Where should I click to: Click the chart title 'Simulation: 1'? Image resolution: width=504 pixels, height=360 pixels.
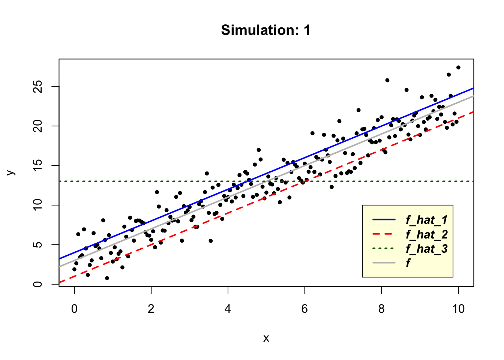(265, 30)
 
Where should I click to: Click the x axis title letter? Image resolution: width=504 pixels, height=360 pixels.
(266, 338)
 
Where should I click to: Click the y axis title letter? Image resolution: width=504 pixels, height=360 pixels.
(11, 172)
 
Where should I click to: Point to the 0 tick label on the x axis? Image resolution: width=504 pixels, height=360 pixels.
(74, 309)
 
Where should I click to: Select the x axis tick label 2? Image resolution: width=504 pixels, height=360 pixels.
(151, 309)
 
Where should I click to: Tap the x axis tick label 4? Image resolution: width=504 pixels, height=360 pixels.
(228, 309)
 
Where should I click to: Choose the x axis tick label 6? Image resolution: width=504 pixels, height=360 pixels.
(304, 309)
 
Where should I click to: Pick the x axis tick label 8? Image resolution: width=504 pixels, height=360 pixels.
(381, 309)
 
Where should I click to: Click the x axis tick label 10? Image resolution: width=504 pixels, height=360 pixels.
(458, 309)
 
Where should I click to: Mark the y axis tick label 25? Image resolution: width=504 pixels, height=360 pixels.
(38, 86)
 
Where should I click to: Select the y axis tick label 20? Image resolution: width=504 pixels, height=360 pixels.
(38, 126)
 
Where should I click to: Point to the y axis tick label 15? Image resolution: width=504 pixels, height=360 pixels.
(38, 165)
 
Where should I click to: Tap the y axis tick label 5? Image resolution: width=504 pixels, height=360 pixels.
(38, 244)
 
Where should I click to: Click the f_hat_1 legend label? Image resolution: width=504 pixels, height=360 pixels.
(427, 220)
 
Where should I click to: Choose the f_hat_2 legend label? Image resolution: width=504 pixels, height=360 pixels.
(427, 234)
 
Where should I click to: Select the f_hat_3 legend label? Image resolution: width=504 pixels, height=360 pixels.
(427, 249)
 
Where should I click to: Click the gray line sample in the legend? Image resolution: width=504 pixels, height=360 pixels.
(384, 263)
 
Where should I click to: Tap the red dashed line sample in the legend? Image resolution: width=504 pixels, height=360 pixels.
(384, 234)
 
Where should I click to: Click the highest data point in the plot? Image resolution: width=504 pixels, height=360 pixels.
(458, 67)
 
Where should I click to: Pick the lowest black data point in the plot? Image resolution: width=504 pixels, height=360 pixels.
(107, 278)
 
